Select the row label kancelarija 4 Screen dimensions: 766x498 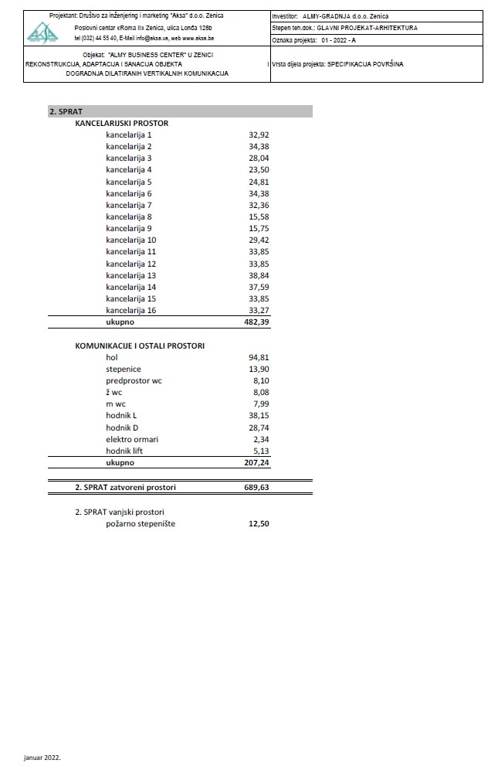click(x=129, y=169)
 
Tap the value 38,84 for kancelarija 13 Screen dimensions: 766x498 click(x=258, y=275)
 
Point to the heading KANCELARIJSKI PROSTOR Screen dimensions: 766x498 click(x=121, y=123)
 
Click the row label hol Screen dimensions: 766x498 click(x=113, y=358)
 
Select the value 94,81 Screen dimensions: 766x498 click(x=258, y=358)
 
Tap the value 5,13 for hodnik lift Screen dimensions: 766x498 click(x=260, y=451)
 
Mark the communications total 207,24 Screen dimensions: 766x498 click(x=256, y=462)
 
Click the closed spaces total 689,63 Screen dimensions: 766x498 click(x=256, y=488)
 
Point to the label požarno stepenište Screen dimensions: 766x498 click(x=141, y=524)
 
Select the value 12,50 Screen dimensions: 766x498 click(x=258, y=524)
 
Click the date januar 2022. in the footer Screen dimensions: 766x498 click(x=42, y=757)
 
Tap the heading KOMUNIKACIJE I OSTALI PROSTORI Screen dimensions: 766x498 click(x=140, y=346)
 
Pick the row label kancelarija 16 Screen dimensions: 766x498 click(x=131, y=310)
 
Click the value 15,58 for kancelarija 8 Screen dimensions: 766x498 click(x=258, y=216)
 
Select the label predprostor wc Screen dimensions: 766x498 click(x=134, y=380)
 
